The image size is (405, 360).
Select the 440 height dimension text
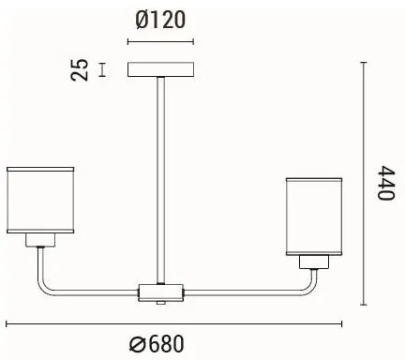pos(383,184)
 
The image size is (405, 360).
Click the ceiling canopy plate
pos(160,69)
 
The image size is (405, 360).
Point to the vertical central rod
pos(160,178)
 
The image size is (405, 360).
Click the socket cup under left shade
pos(39,240)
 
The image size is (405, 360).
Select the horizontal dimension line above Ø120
pos(160,42)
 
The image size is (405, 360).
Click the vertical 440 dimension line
pos(363,184)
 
